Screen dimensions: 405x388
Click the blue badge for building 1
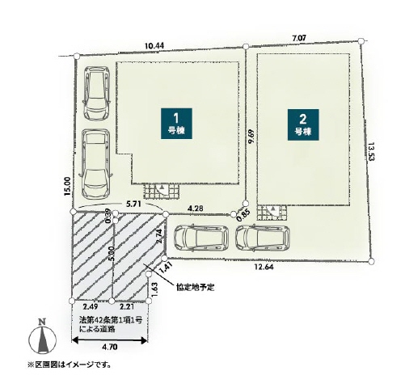click(x=176, y=124)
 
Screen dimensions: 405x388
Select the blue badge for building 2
click(x=303, y=124)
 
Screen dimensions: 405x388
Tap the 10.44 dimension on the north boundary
click(x=154, y=46)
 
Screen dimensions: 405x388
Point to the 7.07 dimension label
click(x=299, y=38)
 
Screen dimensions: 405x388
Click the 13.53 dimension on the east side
click(x=372, y=152)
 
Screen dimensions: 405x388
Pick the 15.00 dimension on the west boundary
click(x=67, y=186)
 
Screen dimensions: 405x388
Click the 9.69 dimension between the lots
click(x=251, y=137)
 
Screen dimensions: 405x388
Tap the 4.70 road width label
click(x=110, y=347)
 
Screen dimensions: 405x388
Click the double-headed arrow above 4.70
click(x=110, y=340)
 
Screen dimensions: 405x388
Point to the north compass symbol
click(x=42, y=336)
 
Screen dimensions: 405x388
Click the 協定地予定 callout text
click(x=196, y=287)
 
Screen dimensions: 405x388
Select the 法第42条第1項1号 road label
click(x=111, y=320)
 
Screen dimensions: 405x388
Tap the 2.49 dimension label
click(x=90, y=306)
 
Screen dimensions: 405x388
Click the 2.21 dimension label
click(x=127, y=306)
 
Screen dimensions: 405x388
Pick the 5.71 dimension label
click(x=133, y=204)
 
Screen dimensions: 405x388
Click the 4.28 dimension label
click(x=196, y=209)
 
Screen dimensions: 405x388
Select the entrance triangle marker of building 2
click(x=273, y=209)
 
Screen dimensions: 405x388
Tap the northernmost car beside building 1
click(x=97, y=93)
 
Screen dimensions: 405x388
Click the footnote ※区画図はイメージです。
click(x=70, y=365)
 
